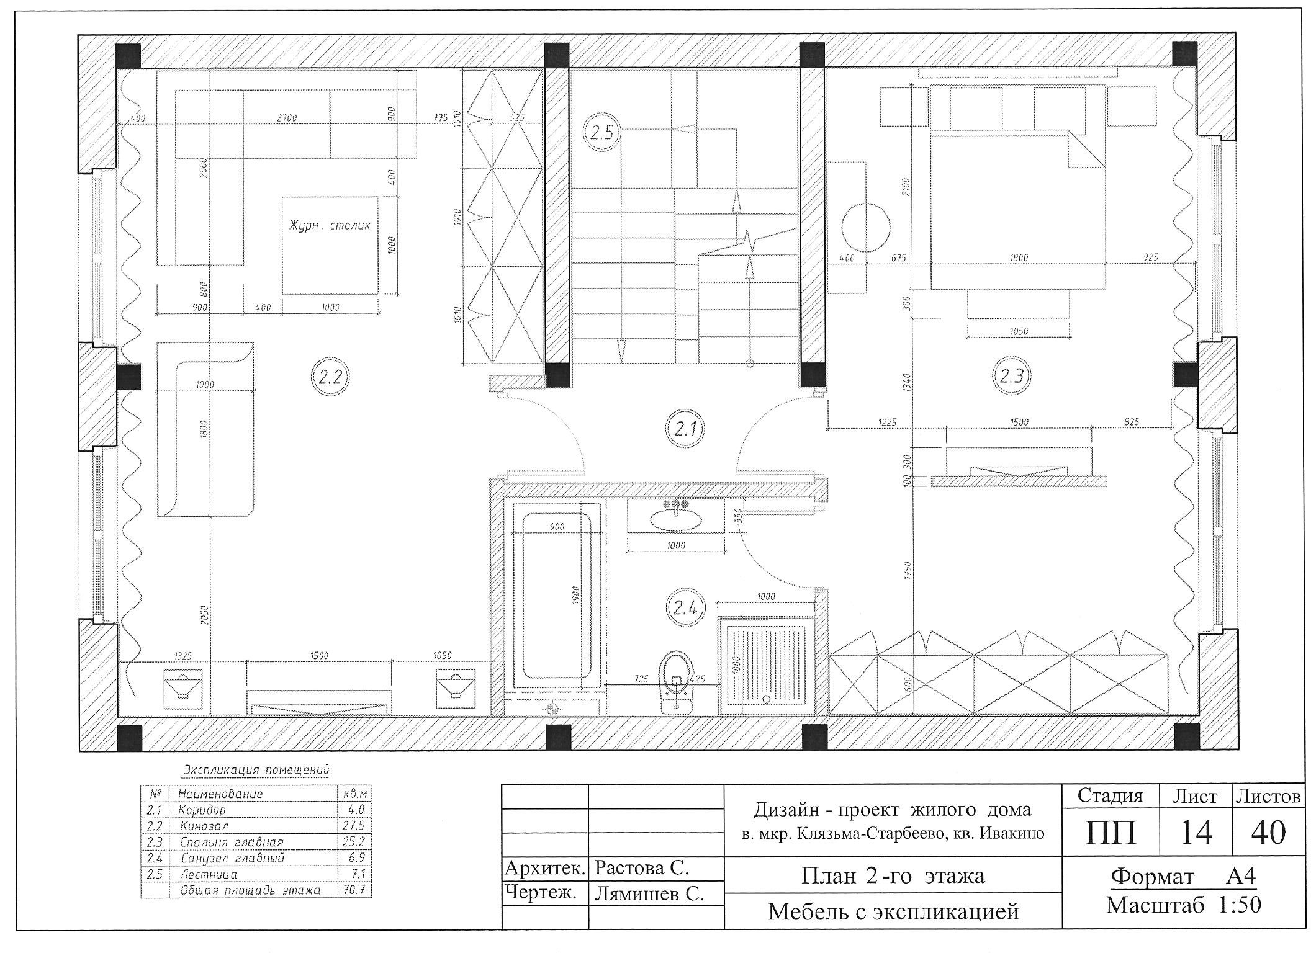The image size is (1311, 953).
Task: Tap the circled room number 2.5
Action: pos(601,133)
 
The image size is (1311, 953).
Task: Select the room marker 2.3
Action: pos(1012,376)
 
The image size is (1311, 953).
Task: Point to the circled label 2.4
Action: pos(685,608)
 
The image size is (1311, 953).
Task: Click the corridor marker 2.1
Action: pos(685,429)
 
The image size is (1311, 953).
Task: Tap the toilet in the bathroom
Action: pos(677,682)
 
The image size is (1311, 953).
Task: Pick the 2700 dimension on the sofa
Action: pos(286,118)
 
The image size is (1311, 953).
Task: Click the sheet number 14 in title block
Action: pos(1196,832)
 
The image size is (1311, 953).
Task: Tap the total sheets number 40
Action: pos(1268,832)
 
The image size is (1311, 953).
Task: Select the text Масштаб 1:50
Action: pos(1184,905)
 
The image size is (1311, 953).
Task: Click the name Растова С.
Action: pos(642,868)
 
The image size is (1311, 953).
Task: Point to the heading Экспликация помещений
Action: pos(256,771)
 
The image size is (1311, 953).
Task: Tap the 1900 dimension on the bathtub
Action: pos(575,597)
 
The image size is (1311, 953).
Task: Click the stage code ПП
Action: pos(1111,833)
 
